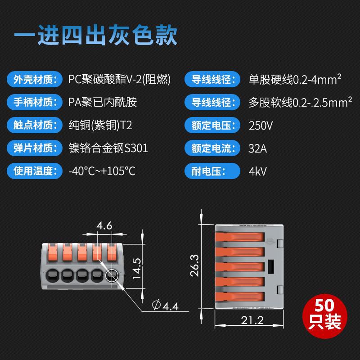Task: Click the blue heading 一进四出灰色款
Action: tap(96, 35)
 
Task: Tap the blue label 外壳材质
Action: tap(35, 80)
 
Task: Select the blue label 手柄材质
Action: tap(35, 102)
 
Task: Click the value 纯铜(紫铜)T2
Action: tap(100, 125)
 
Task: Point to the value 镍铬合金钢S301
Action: tap(108, 148)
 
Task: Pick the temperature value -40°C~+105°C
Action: tap(102, 171)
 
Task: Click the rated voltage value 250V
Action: tap(261, 126)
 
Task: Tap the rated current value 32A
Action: tap(257, 148)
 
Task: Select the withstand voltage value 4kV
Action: tap(257, 171)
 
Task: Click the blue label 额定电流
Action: tap(212, 148)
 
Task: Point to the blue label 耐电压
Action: tap(212, 171)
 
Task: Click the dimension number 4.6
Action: tap(104, 225)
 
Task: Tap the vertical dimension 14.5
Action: tap(137, 268)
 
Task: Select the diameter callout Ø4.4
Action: tap(165, 306)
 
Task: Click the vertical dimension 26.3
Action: tap(194, 265)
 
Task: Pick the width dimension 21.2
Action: tap(252, 320)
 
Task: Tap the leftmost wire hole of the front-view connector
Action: tap(53, 275)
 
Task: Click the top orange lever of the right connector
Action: tap(240, 237)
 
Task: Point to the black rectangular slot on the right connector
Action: tap(271, 267)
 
